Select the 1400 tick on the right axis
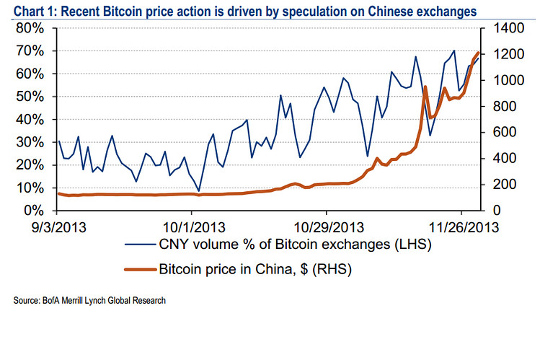coord(506,28)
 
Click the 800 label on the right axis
coord(503,106)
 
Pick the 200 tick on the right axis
coord(503,185)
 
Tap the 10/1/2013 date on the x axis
coord(191,227)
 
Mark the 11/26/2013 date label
coord(461,227)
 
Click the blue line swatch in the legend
coord(140,246)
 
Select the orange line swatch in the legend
coord(140,270)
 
